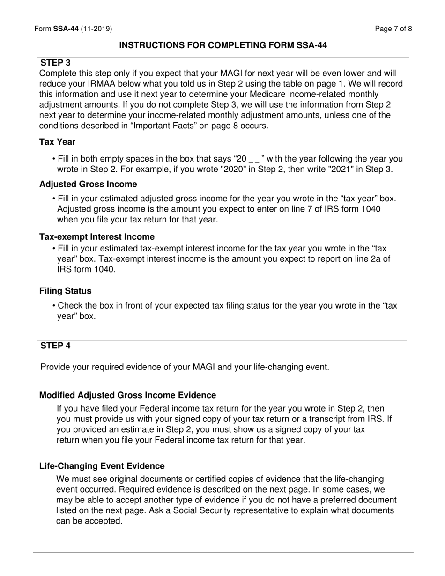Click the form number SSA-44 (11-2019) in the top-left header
point(73,29)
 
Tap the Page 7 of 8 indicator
point(393,29)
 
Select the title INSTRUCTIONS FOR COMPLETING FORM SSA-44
point(223,45)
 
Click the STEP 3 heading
point(55,63)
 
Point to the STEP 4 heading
point(55,346)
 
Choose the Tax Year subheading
point(57,142)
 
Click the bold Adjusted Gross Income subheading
point(88,184)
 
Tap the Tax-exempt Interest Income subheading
point(96,237)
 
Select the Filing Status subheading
point(65,291)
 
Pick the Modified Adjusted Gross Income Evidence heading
point(127,395)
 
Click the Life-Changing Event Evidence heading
point(102,466)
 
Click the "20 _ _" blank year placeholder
point(250,159)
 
